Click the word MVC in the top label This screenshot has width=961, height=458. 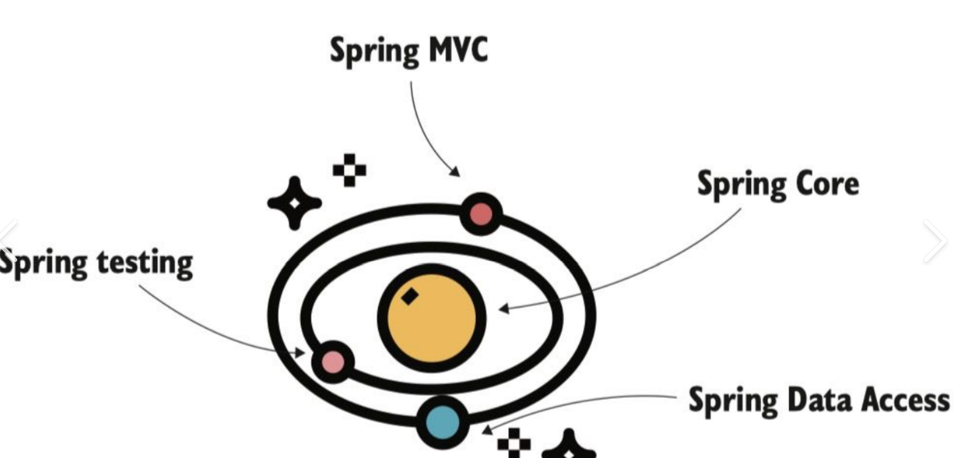tap(458, 49)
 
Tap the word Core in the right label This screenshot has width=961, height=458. tap(827, 184)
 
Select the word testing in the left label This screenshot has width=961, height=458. tap(145, 263)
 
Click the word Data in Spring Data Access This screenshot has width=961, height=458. tap(820, 400)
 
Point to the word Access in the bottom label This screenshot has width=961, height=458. tap(905, 400)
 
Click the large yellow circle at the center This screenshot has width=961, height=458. tap(432, 318)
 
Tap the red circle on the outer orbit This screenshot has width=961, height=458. tap(481, 214)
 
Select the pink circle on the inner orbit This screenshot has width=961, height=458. tap(333, 362)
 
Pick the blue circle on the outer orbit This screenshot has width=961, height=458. tap(443, 422)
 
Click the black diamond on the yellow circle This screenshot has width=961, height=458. tap(410, 296)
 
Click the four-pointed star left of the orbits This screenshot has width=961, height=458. tap(294, 203)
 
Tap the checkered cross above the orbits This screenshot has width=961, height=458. tap(349, 170)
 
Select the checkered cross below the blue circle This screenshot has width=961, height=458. tap(514, 443)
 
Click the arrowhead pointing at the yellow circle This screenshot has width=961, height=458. tap(503, 308)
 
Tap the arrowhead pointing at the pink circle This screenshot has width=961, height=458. tap(300, 352)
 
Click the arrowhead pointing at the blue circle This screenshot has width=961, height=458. tap(487, 429)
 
